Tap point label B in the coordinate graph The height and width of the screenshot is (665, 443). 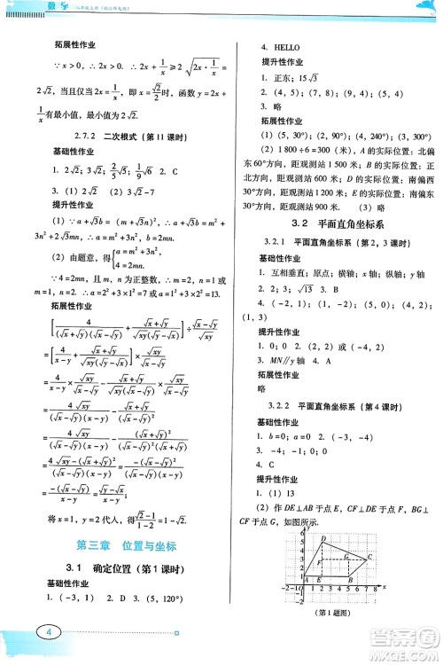[353, 580]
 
